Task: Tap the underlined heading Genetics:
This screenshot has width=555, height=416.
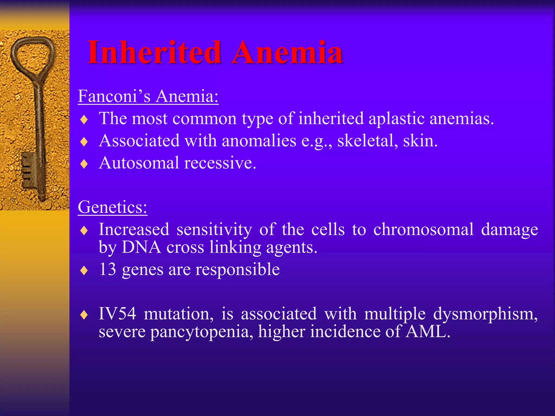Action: (112, 207)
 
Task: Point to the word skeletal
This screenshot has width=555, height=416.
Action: (367, 141)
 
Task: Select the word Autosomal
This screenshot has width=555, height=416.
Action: (139, 163)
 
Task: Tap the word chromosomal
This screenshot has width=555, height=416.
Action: (423, 230)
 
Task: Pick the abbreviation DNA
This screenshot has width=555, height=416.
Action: (141, 247)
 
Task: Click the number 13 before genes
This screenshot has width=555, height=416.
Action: (108, 269)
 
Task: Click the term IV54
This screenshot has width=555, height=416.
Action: (117, 314)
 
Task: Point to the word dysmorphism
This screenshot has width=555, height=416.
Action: (485, 314)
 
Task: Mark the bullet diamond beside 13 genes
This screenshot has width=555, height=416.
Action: (84, 271)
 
